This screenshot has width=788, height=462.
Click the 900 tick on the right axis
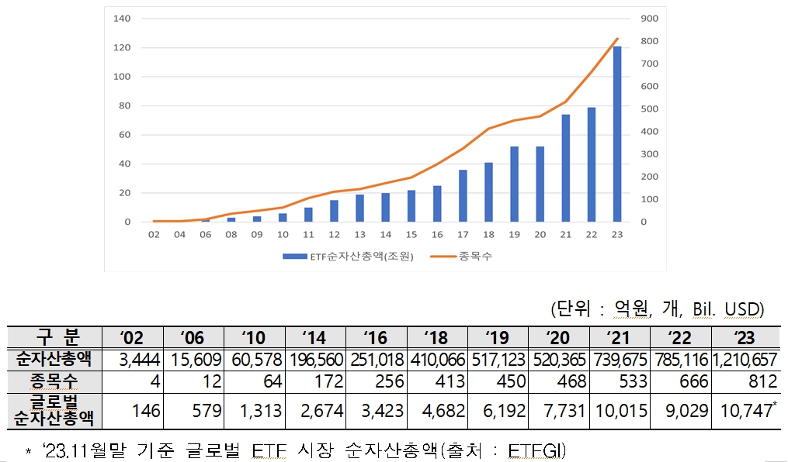point(649,18)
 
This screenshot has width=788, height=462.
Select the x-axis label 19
point(514,234)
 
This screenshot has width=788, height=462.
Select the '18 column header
point(437,338)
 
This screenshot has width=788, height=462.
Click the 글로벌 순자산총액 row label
point(54,410)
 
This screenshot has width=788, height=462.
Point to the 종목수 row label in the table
point(54,381)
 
